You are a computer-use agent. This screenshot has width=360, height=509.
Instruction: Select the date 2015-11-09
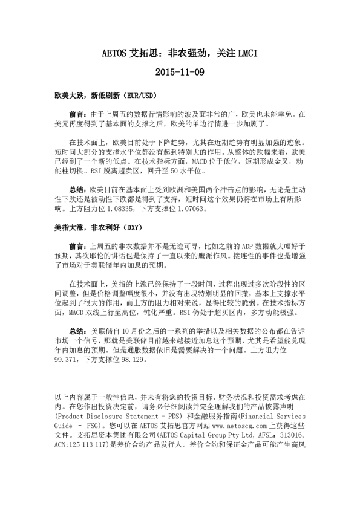[180, 73]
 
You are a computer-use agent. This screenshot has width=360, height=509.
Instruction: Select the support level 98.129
[130, 359]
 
